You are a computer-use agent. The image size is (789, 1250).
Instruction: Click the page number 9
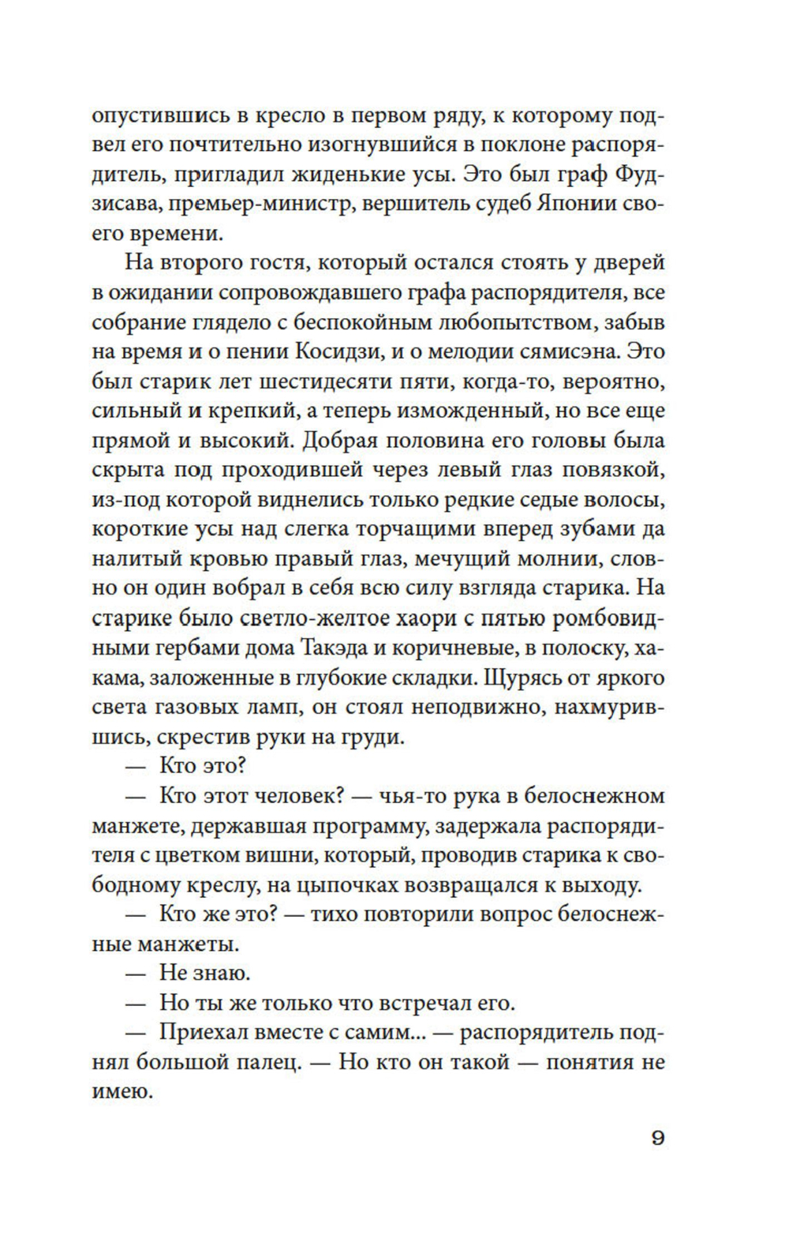(658, 1139)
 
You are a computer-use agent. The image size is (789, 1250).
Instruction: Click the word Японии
(566, 203)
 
